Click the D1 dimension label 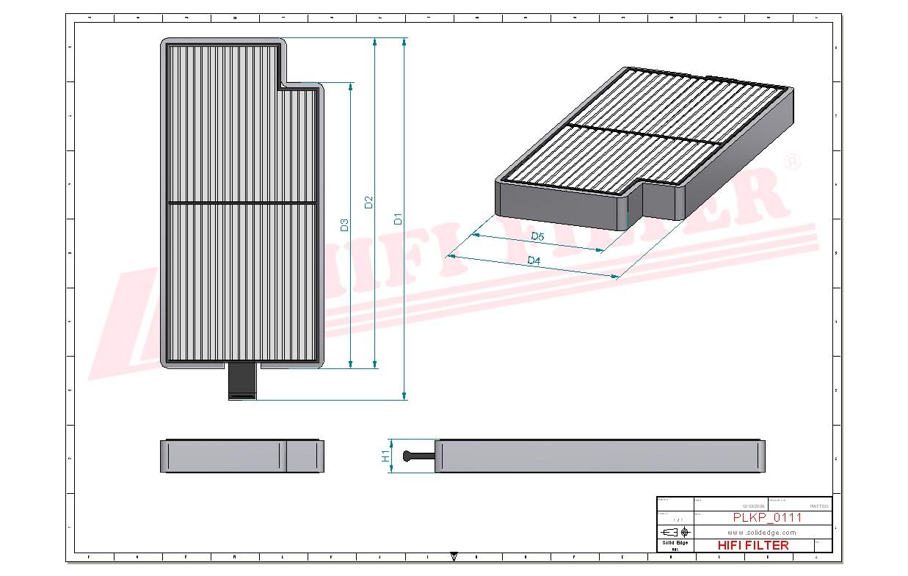[398, 218]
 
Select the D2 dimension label [369, 202]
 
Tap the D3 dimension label [344, 225]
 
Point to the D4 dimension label [534, 261]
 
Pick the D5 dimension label [537, 236]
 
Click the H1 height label [385, 456]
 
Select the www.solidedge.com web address [762, 532]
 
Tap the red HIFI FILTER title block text [752, 545]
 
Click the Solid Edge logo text [675, 543]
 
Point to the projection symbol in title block [675, 531]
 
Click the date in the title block [753, 506]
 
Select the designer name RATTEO [818, 506]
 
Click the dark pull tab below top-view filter [242, 382]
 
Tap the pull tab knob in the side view [408, 456]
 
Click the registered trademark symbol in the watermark [792, 163]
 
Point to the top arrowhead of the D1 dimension [404, 43]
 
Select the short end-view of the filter [241, 456]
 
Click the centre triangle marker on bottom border [454, 557]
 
